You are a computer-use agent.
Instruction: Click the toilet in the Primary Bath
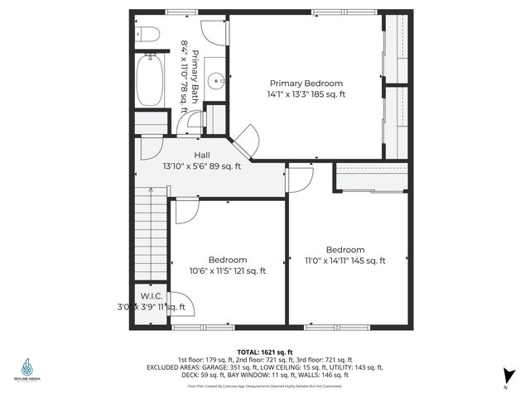tap(148, 34)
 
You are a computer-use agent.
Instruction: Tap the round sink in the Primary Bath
tap(215, 80)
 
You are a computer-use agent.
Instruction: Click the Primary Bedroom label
tap(306, 83)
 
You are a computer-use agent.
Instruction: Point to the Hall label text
tap(202, 155)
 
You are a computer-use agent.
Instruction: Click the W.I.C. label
tap(151, 295)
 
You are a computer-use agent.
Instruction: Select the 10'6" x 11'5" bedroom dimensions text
tap(228, 270)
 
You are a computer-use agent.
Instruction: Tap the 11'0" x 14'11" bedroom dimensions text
tap(345, 261)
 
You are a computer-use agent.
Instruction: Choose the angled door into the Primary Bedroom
tap(245, 140)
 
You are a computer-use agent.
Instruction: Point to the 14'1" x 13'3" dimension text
tap(307, 94)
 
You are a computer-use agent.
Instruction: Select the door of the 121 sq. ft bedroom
tap(186, 210)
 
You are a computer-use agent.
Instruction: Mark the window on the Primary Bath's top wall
tap(176, 12)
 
